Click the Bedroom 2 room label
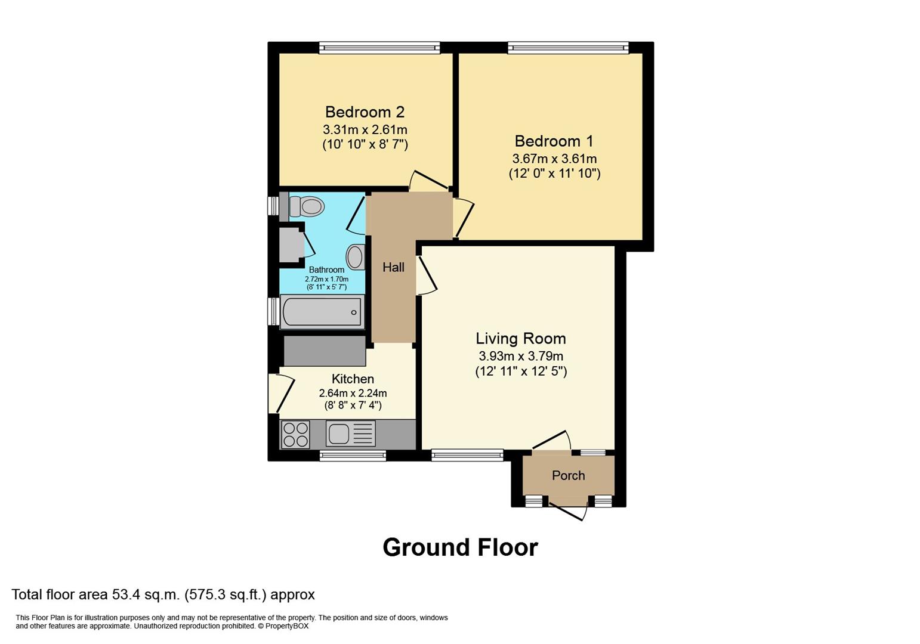(365, 112)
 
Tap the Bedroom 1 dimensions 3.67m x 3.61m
(554, 159)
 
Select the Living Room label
(520, 339)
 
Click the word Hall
(393, 268)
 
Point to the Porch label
(568, 476)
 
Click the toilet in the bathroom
(307, 206)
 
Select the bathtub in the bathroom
(322, 312)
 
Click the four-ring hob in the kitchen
(295, 434)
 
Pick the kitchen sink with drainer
(350, 434)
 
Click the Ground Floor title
(460, 547)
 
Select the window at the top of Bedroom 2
(379, 48)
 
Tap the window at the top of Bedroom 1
(568, 48)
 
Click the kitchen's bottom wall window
(353, 456)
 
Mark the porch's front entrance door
(569, 512)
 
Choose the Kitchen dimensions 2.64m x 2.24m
(353, 394)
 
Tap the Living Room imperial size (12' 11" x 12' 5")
(520, 371)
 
